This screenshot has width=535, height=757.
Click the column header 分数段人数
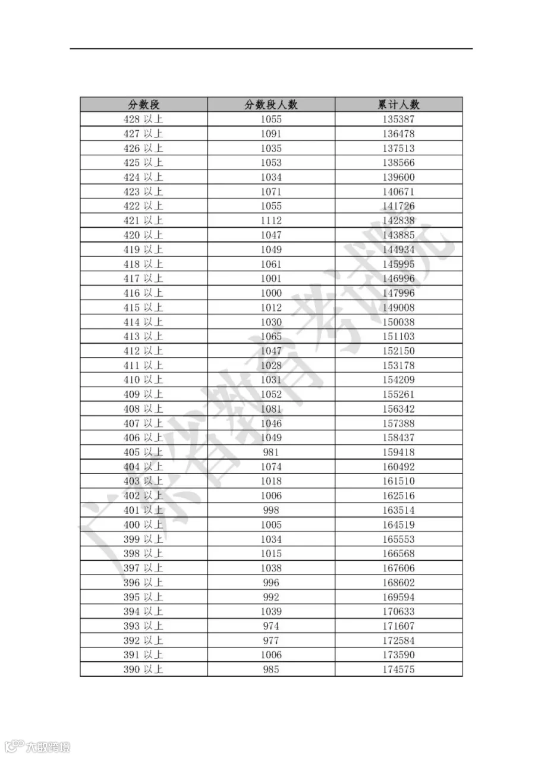271,105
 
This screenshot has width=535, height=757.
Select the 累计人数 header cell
399,105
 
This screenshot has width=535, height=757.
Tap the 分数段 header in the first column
144,105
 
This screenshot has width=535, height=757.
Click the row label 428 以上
143,119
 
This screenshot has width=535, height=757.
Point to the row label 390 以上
143,670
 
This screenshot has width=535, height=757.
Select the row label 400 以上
143,524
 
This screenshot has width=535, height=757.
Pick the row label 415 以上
143,307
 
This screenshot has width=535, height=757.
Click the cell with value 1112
271,221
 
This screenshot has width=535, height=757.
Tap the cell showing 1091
271,134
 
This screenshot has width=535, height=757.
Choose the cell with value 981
271,452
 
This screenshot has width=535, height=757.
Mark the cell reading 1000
271,293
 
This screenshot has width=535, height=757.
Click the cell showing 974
271,626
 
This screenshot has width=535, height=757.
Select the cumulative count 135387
399,119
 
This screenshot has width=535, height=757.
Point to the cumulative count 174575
399,670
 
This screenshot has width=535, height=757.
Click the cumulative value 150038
399,322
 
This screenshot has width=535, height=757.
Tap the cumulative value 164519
399,524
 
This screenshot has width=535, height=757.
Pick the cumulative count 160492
399,467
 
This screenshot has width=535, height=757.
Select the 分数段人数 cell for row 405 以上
271,452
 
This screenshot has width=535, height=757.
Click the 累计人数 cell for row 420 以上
399,235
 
